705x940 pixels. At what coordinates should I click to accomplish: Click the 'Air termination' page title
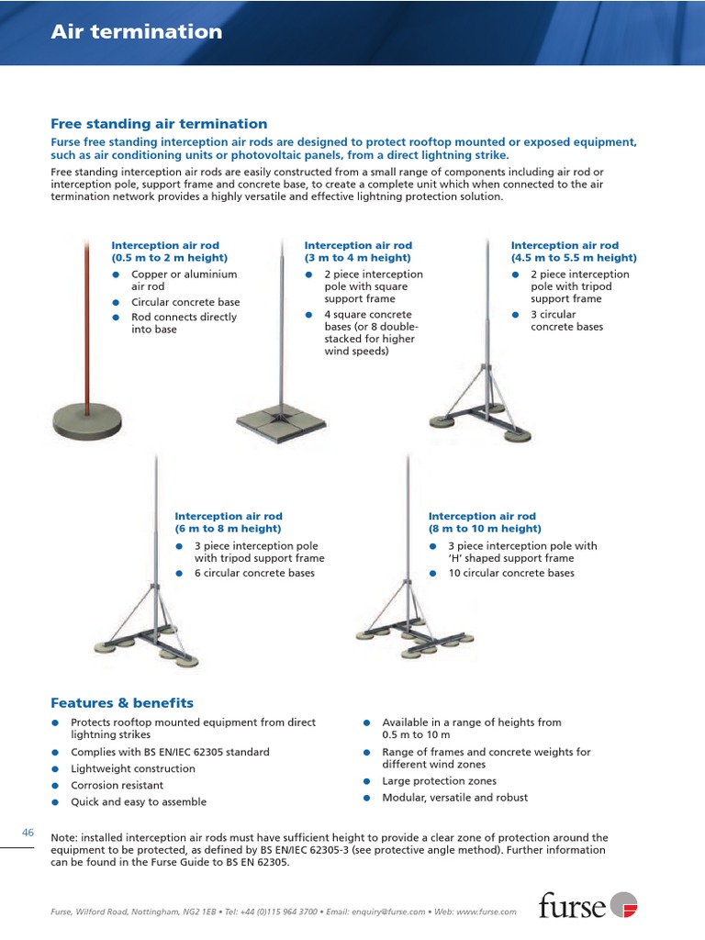point(136,32)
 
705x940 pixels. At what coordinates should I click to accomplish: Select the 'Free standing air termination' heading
point(159,124)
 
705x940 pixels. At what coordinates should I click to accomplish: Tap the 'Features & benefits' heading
point(122,703)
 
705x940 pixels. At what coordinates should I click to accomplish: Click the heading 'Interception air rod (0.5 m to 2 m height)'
point(169,252)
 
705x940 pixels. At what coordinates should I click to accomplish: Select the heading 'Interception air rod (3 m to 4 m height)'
point(358,252)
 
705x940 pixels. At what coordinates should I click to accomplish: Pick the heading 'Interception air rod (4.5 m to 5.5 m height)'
point(573,252)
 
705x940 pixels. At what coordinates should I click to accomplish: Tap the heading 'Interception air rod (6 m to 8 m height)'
point(229,522)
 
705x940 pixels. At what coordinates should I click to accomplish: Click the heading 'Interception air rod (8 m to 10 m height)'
point(485,522)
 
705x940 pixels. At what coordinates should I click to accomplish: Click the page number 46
point(28,833)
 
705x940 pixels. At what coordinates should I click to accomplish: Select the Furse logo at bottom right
point(587,905)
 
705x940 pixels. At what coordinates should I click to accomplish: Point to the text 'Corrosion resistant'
point(117,786)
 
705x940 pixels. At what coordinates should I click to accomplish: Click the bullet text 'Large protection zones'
point(439,781)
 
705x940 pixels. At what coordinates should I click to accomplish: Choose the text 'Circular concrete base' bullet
point(185,302)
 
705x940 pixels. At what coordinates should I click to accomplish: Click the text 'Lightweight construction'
point(133,769)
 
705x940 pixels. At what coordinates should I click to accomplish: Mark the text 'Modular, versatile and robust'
point(454,798)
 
